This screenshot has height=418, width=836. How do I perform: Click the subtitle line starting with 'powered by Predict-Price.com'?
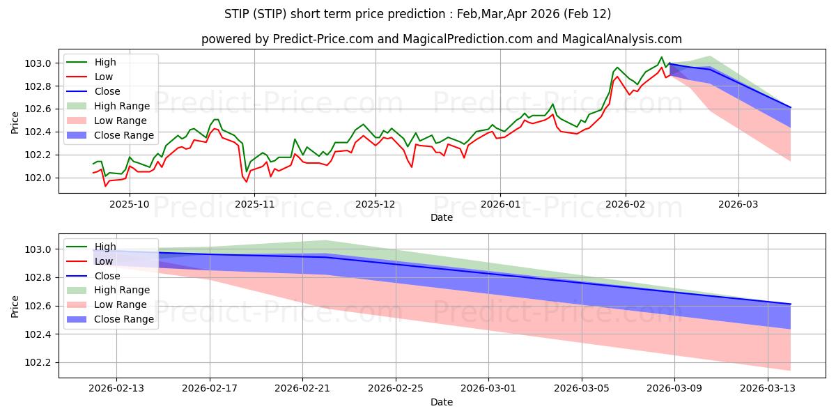[442, 39]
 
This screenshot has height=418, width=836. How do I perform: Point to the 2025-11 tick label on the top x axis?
[254, 204]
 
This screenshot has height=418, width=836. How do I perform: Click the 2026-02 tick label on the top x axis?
[625, 204]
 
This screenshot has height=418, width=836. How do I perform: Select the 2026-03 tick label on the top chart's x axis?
[738, 204]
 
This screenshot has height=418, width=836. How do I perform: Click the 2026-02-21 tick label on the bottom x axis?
[303, 389]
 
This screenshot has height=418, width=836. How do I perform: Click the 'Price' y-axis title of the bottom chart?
[15, 306]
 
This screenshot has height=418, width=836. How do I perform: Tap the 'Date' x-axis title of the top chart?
[442, 217]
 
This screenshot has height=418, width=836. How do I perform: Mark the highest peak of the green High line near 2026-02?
[662, 57]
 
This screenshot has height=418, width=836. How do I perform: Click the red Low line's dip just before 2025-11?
[246, 182]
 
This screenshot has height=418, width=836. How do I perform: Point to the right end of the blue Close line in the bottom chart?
[791, 304]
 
